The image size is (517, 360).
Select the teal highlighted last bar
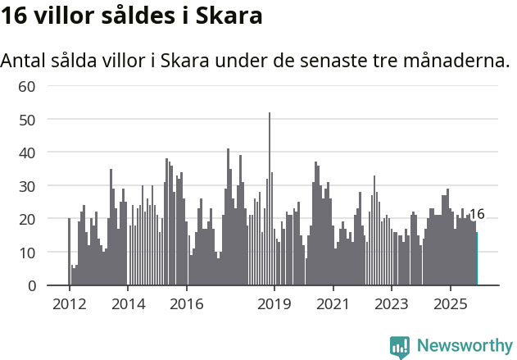coord(476,258)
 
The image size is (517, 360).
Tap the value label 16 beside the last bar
coord(477,214)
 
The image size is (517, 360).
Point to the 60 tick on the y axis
coord(27,86)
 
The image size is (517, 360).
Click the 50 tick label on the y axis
coord(27,120)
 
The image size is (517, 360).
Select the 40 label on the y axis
coord(27,153)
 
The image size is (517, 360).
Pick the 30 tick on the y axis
coord(27,186)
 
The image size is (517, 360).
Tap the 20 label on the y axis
coord(27,219)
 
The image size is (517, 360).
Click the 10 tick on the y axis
coord(27,253)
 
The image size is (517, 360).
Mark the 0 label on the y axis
coord(32,285)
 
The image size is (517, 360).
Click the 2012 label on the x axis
coord(69,304)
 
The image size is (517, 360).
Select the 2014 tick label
coord(127,304)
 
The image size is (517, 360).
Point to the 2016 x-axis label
coord(186,304)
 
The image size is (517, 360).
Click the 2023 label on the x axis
coord(391,304)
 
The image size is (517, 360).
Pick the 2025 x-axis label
coord(449,304)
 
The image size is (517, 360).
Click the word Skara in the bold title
coord(230,16)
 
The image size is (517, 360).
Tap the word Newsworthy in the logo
coord(465,345)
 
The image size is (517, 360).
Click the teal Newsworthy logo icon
coord(400,347)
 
